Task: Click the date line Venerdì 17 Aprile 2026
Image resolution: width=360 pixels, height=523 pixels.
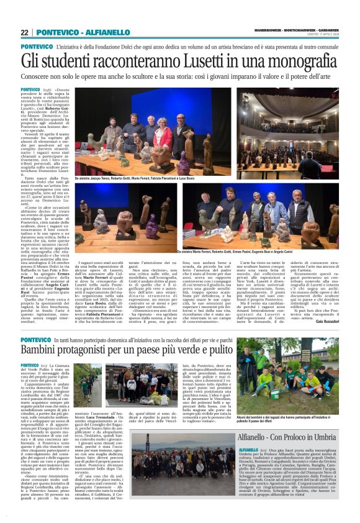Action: (322, 34)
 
